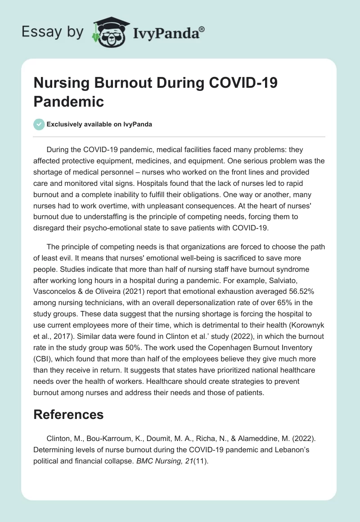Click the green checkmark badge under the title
point(39,124)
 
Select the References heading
point(68,414)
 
